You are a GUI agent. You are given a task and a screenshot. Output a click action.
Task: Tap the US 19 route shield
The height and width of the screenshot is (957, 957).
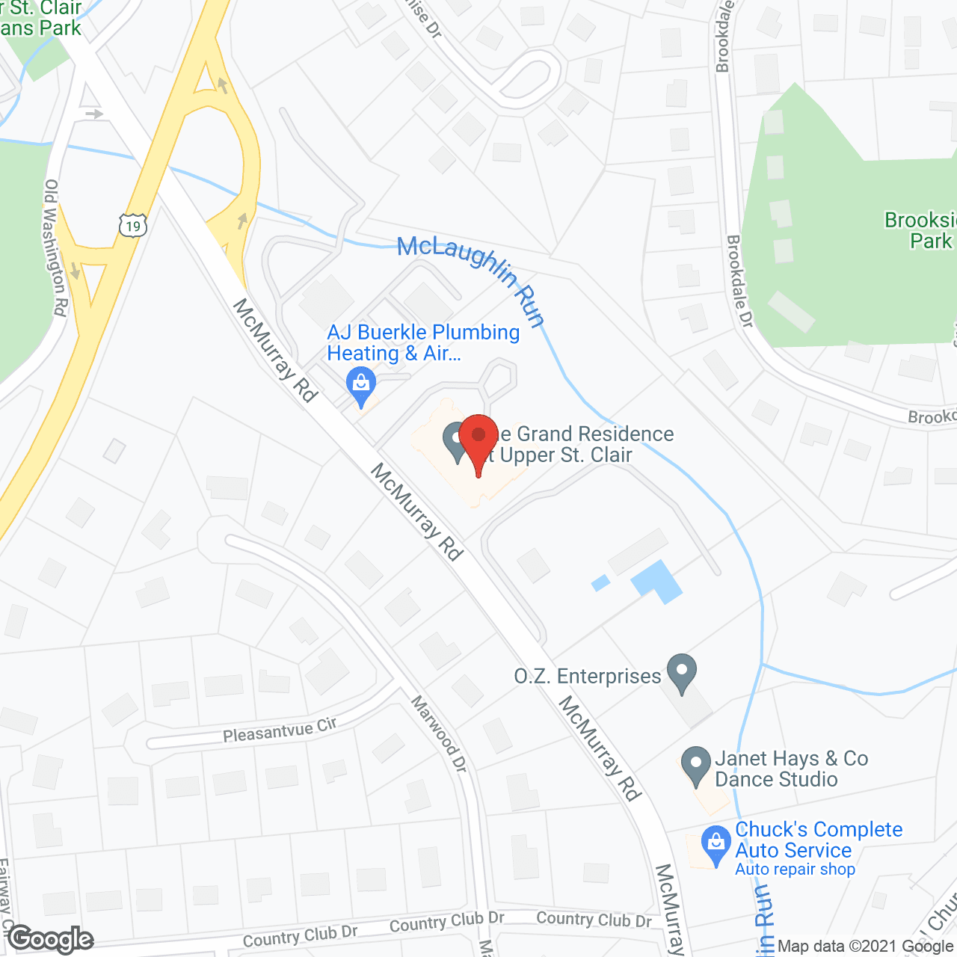pos(133,225)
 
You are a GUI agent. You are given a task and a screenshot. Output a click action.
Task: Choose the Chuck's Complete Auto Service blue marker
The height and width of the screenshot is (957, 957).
pos(716,844)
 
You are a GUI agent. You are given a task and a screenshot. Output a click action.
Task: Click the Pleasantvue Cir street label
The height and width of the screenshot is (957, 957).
pos(280,730)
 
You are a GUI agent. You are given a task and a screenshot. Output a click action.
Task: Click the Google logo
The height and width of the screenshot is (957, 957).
pos(51,939)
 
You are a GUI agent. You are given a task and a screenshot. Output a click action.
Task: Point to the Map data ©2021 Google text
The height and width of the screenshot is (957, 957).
pos(866,947)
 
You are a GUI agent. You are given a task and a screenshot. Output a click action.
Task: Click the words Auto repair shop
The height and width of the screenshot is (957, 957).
pos(795,870)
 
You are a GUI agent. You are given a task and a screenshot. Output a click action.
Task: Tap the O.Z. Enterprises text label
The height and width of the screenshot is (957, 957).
pos(588,677)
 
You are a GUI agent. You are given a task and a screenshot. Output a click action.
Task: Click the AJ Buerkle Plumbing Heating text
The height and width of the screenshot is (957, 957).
pos(423,342)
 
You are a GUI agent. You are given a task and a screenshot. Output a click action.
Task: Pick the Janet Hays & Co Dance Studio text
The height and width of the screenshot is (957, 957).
pos(791,769)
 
